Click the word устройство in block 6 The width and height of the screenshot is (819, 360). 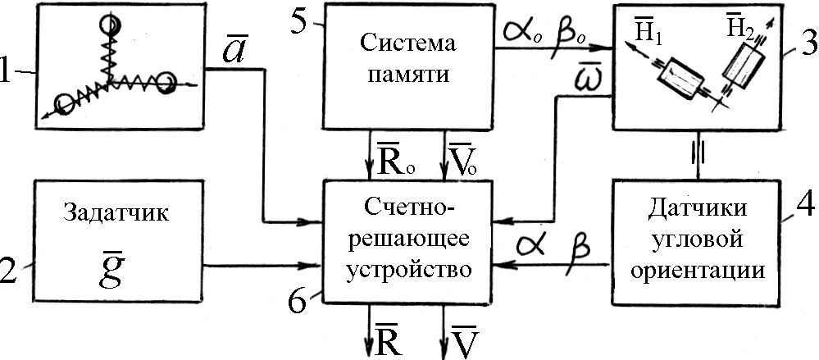pos(408,270)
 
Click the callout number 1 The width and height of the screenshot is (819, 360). pos(7,72)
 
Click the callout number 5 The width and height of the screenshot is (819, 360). pos(299,22)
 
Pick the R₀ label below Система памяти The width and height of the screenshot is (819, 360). pos(391,163)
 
